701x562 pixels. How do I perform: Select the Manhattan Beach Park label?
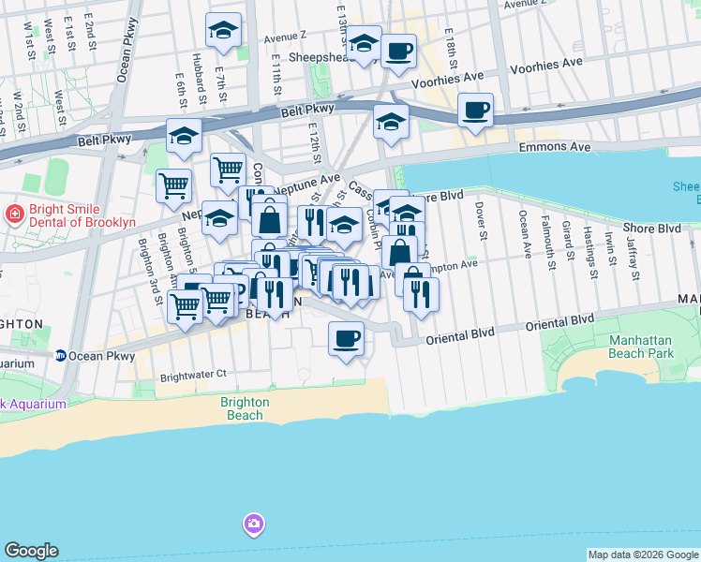point(641,347)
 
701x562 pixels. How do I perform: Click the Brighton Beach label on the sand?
point(245,408)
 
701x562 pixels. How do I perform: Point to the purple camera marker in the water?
point(252,524)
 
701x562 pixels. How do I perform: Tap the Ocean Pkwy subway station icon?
point(61,356)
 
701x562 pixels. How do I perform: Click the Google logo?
point(32,551)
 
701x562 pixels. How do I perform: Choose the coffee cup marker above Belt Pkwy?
point(475,111)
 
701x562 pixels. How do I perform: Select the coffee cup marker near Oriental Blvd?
point(346,338)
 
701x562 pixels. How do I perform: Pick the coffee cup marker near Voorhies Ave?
point(398,52)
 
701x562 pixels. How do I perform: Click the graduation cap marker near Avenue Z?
point(224,30)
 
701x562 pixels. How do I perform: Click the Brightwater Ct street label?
point(194,374)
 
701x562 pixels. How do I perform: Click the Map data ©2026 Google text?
point(642,555)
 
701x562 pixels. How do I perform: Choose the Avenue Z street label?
point(286,38)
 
